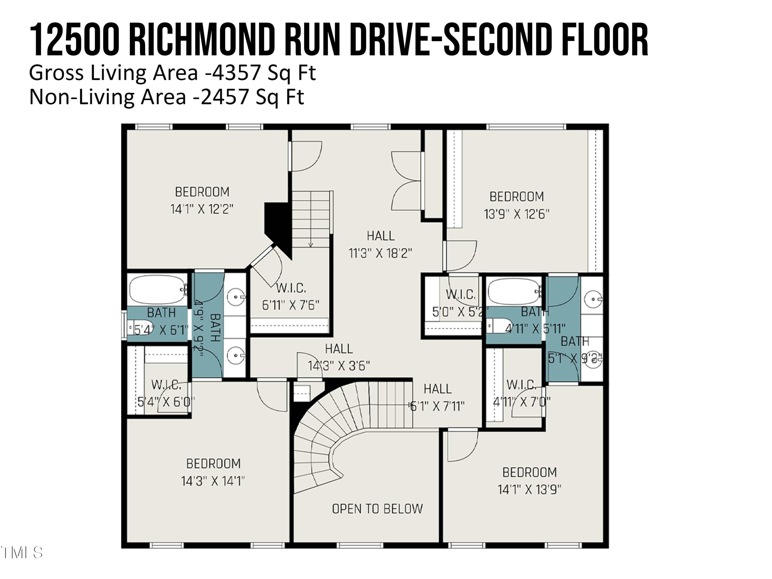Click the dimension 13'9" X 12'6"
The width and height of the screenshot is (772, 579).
click(x=516, y=214)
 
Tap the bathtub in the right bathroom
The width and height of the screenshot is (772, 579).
click(x=514, y=291)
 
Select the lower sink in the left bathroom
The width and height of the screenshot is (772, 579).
click(x=236, y=356)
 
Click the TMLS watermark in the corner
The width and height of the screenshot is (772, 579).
click(x=22, y=552)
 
